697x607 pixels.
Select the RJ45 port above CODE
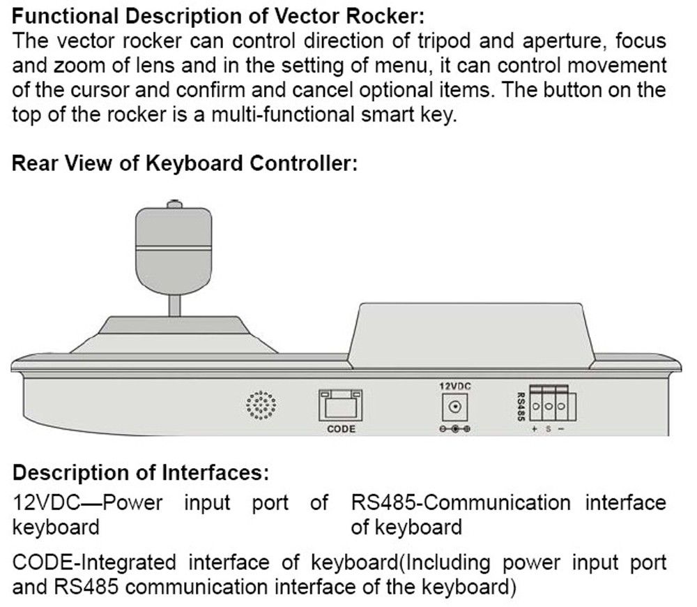coord(341,404)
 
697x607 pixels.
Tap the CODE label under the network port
coord(341,429)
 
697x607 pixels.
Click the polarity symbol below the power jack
coord(454,429)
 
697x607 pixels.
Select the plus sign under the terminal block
coord(535,428)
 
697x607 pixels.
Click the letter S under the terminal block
coord(548,428)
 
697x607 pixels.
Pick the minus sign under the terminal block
coord(561,428)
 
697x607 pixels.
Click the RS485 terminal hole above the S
coord(549,405)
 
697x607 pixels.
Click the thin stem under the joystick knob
coord(174,305)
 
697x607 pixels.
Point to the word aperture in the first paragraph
coord(551,40)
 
